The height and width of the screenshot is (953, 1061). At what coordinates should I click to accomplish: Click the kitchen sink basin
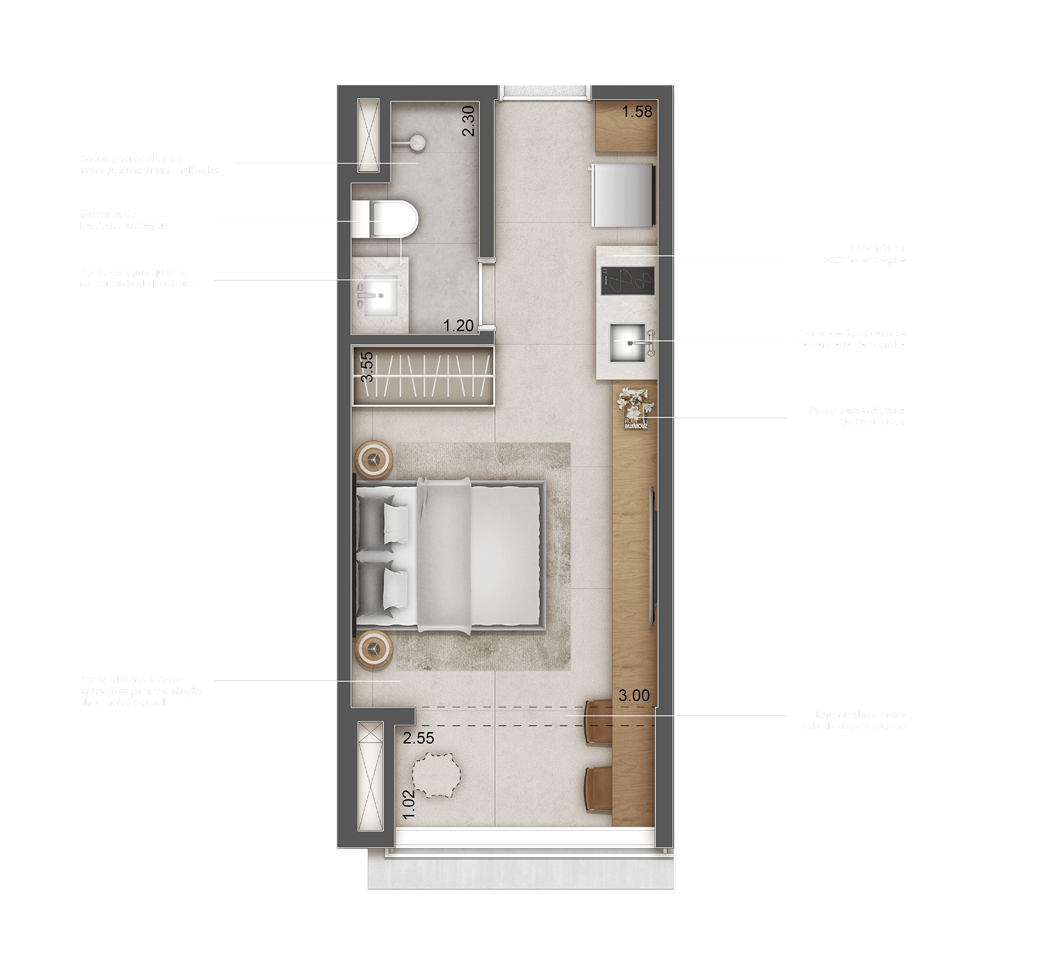[628, 342]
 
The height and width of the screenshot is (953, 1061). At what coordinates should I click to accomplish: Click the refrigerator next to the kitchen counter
[622, 195]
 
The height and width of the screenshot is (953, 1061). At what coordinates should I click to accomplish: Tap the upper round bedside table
[374, 459]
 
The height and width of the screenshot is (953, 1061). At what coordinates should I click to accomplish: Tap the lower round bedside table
[374, 649]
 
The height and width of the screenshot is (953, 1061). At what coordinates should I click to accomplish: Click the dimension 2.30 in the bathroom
[469, 121]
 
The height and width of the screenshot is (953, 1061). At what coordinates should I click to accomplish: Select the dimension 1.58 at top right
[637, 112]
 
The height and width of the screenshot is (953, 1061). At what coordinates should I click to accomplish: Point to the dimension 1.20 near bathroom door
[459, 326]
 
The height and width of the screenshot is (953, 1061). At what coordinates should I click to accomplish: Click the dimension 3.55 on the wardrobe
[367, 367]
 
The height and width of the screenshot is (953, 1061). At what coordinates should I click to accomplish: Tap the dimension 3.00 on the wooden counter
[634, 696]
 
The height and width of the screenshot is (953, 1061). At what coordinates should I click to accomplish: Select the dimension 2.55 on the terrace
[419, 739]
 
